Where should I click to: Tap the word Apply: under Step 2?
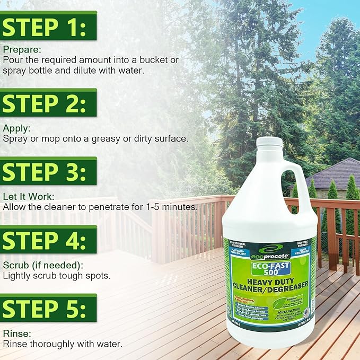coord(16,128)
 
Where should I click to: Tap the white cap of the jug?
coord(270,142)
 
